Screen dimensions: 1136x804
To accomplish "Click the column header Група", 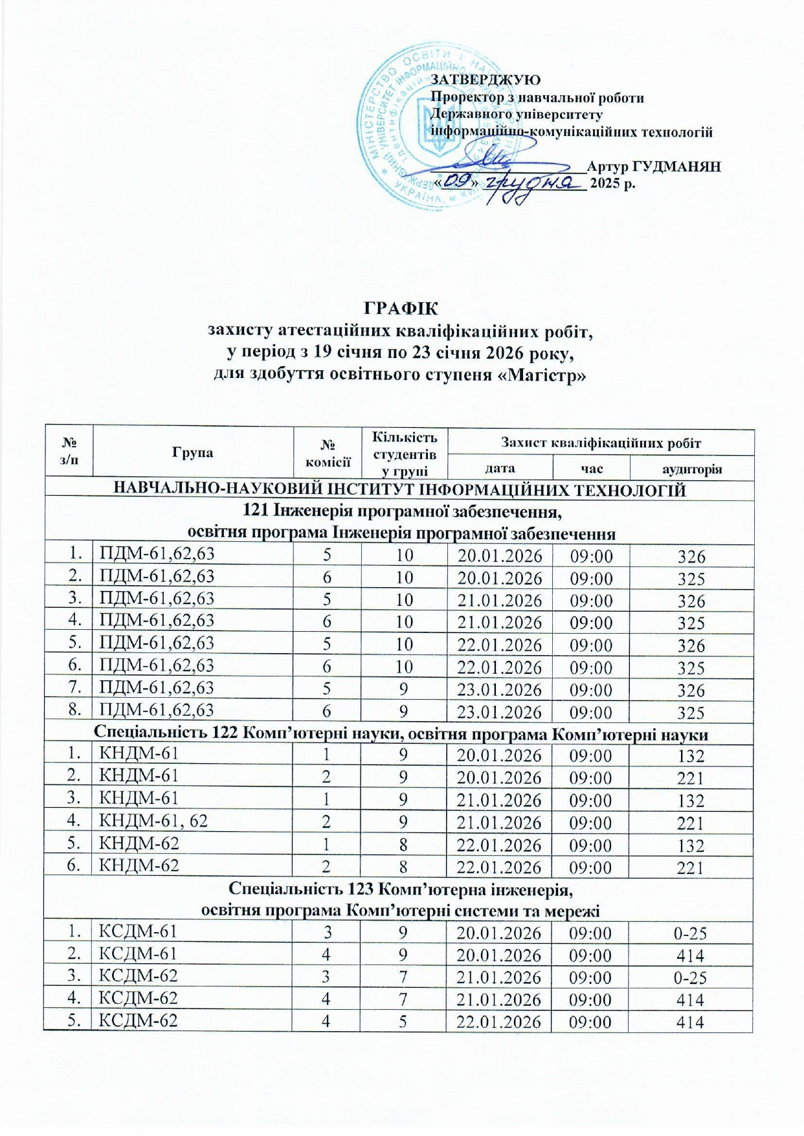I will (x=193, y=452).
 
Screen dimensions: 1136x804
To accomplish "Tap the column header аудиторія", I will (x=691, y=469).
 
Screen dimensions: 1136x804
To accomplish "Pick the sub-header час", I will (x=592, y=469).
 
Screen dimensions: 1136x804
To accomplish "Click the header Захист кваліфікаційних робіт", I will (x=601, y=443).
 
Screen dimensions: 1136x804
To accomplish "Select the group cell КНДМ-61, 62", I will (x=153, y=821).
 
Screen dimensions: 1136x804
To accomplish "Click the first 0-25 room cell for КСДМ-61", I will (x=690, y=933).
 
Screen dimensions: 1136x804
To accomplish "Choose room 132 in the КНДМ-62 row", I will (x=691, y=845).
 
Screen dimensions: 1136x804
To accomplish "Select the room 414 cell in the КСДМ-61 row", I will (x=690, y=955).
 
